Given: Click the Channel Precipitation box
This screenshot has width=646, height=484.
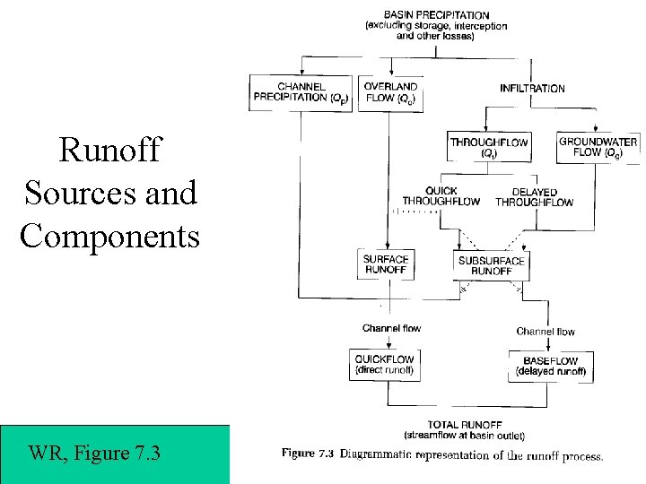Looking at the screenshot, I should pos(302,91).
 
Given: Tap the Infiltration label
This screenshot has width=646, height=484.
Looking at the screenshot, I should pos(532,88).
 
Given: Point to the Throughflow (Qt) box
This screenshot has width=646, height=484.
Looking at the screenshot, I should pos(489,147).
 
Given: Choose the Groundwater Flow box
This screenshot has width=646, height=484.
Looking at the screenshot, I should pos(598,147).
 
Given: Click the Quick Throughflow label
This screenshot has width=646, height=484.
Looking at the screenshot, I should pos(441,196).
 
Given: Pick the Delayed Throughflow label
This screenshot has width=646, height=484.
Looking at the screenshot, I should pos(534,197).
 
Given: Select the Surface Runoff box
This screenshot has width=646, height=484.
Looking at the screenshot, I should pos(386,264).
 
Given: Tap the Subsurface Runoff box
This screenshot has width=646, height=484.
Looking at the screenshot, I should pos(491,264).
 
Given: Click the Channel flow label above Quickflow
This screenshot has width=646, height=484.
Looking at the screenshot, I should pos(391,328).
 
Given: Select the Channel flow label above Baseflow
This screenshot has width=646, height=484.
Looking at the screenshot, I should pos(546,332).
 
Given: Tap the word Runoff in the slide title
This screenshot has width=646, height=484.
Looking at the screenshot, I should pos(109,150).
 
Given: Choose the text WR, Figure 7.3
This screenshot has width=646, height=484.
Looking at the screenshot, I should pos(95,453).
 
